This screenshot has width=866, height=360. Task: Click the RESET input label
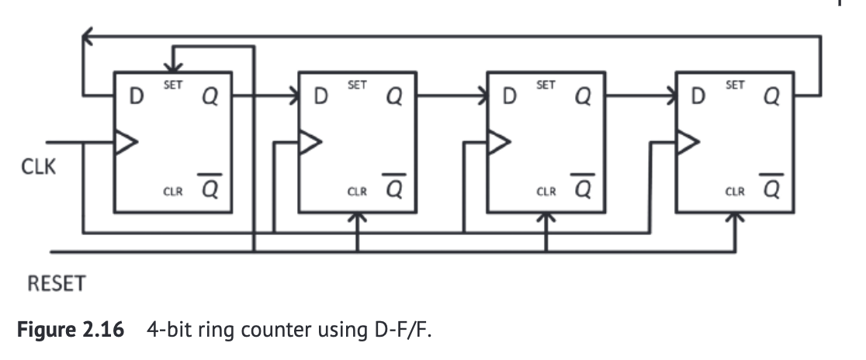tap(56, 284)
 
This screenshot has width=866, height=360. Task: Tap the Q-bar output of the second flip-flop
tap(395, 187)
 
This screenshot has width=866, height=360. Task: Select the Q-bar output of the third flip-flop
tap(583, 187)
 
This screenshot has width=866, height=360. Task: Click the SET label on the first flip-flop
tap(172, 85)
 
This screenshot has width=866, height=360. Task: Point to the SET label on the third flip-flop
tap(546, 85)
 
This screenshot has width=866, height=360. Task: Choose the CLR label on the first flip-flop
tap(172, 191)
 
